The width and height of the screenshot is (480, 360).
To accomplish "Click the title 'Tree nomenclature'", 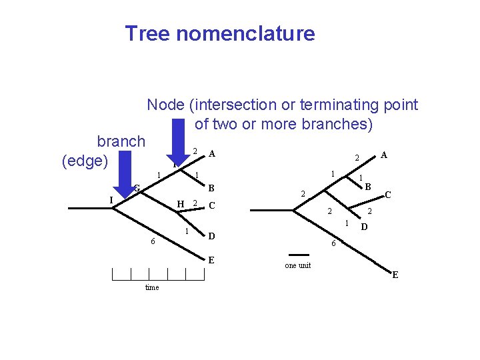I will pyautogui.click(x=219, y=33).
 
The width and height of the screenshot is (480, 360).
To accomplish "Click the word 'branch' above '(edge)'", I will pyautogui.click(x=121, y=141).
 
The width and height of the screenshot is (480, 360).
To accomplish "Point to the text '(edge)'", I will pyautogui.click(x=85, y=161).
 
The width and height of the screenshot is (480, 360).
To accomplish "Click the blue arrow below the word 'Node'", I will pyautogui.click(x=177, y=143).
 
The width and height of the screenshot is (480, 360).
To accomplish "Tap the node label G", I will pyautogui.click(x=135, y=189).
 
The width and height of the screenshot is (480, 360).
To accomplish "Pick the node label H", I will pyautogui.click(x=180, y=204).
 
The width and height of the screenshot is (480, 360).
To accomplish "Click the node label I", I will pyautogui.click(x=111, y=199).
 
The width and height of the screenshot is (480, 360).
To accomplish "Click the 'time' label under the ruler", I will pyautogui.click(x=152, y=287).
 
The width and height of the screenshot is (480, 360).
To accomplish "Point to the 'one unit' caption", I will pyautogui.click(x=297, y=265).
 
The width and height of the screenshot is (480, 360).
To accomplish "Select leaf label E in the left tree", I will pyautogui.click(x=211, y=260).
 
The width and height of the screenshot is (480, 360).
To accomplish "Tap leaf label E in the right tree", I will pyautogui.click(x=395, y=275).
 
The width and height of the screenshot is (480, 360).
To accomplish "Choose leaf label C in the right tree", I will pyautogui.click(x=388, y=196).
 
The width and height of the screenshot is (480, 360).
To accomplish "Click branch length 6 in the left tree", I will pyautogui.click(x=153, y=241).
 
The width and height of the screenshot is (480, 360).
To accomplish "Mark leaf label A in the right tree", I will pyautogui.click(x=384, y=155).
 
